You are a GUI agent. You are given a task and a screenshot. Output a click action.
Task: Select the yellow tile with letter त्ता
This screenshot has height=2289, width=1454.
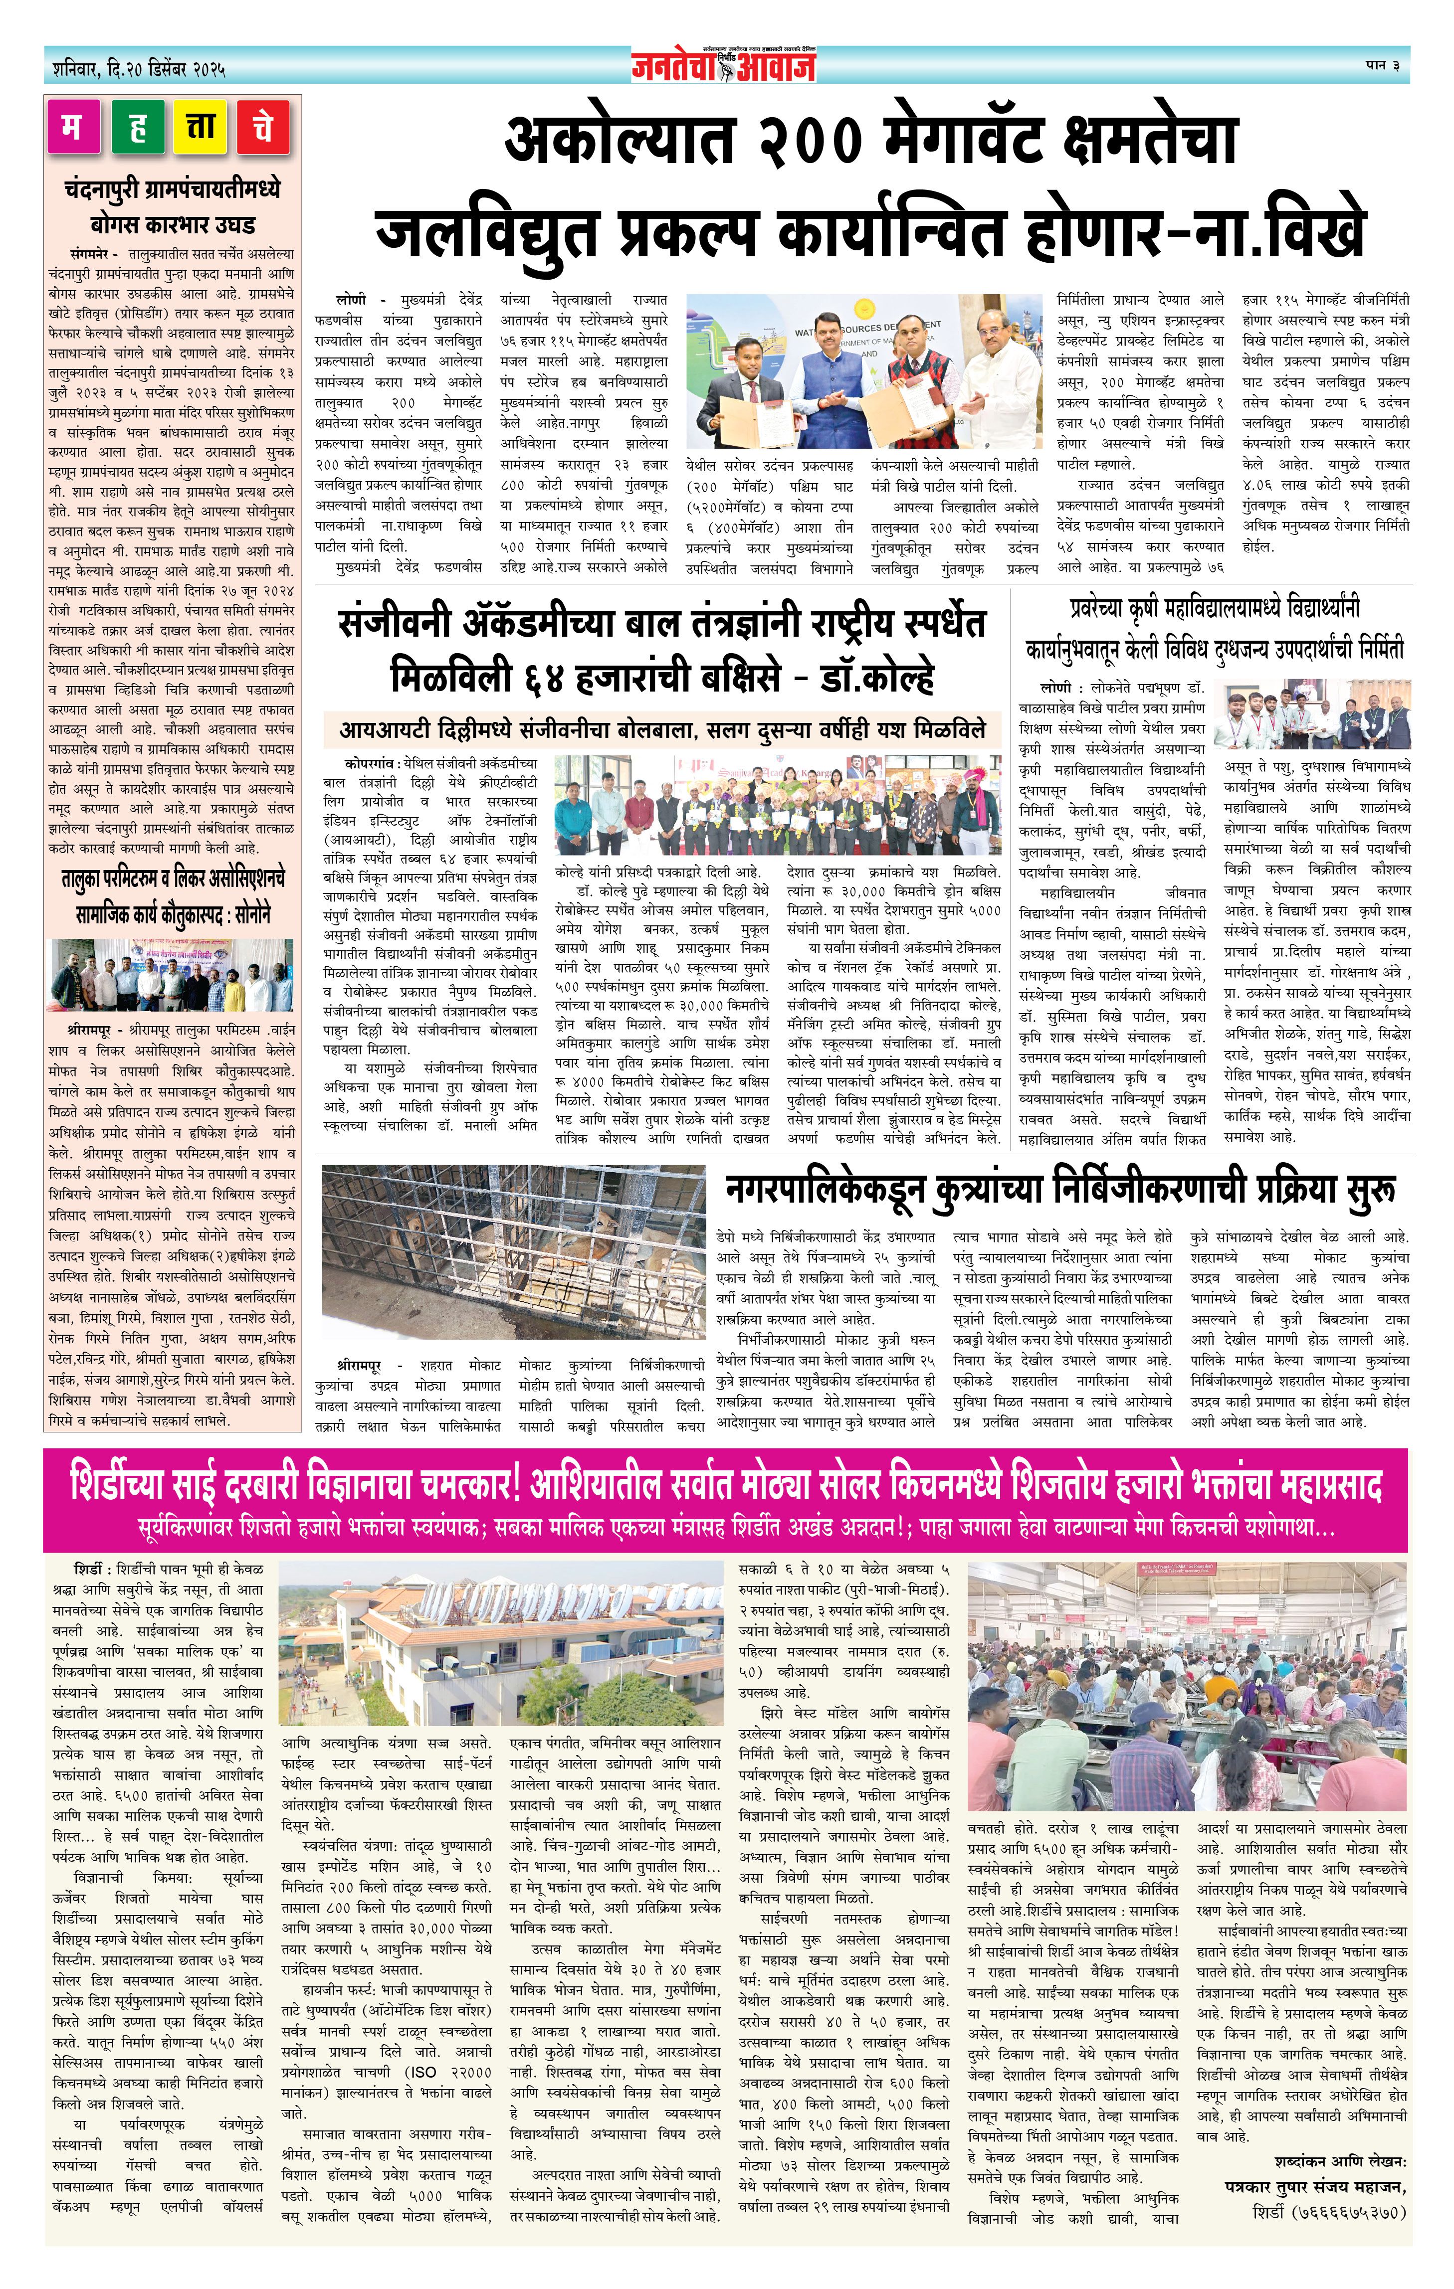(200, 127)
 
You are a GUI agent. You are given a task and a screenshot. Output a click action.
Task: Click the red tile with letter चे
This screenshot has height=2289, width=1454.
(263, 127)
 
